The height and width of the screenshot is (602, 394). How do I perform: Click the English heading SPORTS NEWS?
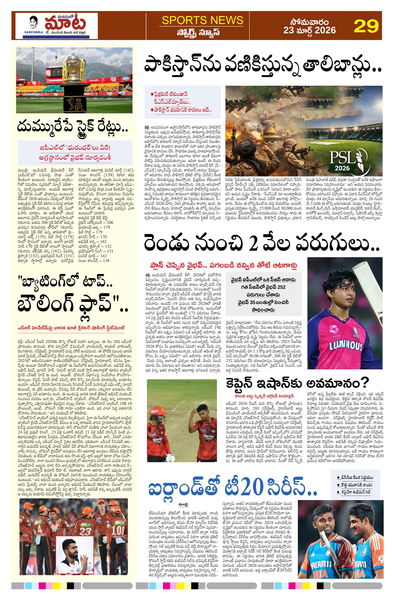202,20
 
